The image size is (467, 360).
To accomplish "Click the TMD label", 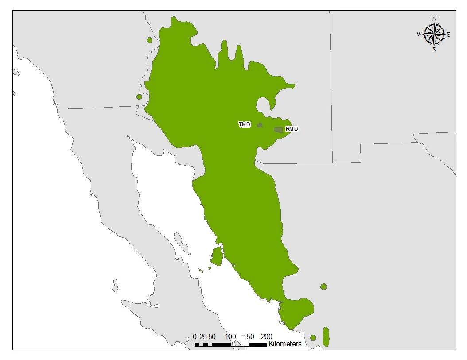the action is point(245,124).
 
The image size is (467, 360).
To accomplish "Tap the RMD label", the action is point(292,129).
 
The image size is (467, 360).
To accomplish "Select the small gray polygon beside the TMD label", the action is point(260,125).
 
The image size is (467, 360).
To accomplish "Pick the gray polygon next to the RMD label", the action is point(278,129).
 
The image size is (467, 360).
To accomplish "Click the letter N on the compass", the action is point(434,19).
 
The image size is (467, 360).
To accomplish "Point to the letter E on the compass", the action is point(448,35).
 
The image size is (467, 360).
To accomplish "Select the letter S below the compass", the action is point(434,50).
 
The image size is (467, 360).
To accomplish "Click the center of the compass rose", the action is point(434,34).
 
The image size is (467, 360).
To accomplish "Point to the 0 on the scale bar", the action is point(195,337).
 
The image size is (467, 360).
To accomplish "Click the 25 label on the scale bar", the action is point(203,337).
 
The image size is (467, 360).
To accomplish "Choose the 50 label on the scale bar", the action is point(212,337).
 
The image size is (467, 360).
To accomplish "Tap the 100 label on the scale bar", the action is point(230,337).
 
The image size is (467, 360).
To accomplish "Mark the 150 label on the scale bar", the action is point(249,337).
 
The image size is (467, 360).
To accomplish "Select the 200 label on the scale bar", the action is point(267,337).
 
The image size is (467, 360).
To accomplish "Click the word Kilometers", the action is point(285,344).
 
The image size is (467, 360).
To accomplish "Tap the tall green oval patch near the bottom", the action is point(326,337).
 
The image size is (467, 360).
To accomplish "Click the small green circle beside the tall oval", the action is point(313,337).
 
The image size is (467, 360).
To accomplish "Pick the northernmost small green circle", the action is point(149,40).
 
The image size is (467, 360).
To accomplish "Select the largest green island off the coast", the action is point(216,256).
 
